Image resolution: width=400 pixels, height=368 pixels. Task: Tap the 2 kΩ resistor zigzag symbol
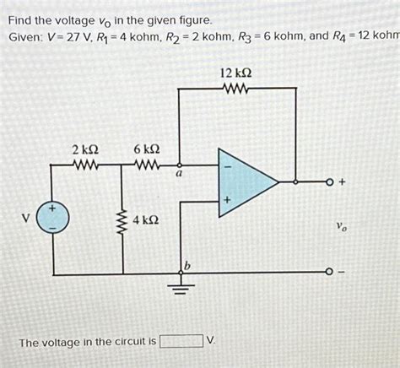coord(88,165)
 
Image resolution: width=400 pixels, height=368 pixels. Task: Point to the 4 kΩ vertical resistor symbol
coord(124,221)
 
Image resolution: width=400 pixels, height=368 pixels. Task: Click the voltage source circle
coord(52,217)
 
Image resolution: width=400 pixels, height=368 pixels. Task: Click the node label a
coord(178,175)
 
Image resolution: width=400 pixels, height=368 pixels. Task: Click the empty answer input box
coord(182,342)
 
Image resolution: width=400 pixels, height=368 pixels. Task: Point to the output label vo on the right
coord(341,226)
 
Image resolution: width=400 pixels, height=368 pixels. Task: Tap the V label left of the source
coord(26,217)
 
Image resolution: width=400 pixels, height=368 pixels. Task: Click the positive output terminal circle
coord(328,181)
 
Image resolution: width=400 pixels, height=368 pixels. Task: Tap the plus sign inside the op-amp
coord(225,200)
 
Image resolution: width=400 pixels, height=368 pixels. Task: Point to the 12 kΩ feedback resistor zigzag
coord(235,87)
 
